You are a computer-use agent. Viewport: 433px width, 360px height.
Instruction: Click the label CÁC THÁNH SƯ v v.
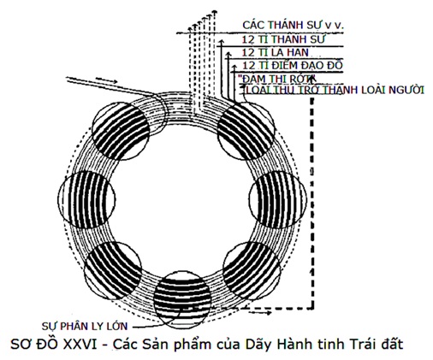293,25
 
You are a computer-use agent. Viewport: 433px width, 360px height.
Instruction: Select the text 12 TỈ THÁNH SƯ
283,39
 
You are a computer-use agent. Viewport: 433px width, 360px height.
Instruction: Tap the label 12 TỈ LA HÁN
276,52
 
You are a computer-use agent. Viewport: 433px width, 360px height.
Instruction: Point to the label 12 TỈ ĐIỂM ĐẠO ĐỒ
293,65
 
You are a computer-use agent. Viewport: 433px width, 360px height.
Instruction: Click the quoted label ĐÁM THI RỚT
277,79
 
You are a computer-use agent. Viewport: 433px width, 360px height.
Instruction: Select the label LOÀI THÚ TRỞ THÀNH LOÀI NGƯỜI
335,90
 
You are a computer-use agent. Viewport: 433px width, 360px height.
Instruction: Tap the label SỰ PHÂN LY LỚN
85,326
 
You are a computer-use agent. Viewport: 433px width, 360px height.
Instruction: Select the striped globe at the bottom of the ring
182,299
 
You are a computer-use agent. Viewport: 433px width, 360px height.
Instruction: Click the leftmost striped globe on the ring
86,200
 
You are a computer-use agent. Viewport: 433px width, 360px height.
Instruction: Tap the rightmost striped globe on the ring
278,199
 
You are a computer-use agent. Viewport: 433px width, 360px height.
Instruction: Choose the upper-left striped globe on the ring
121,131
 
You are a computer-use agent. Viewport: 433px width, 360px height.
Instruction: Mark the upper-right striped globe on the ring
246,131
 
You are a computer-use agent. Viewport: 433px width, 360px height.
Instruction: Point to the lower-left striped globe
113,270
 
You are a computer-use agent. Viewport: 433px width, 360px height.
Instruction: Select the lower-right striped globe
252,270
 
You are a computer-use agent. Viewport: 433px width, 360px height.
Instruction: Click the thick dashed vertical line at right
312,203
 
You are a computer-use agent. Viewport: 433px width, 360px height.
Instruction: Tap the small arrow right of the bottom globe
260,313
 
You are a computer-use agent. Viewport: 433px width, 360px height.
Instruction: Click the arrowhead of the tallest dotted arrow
215,12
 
